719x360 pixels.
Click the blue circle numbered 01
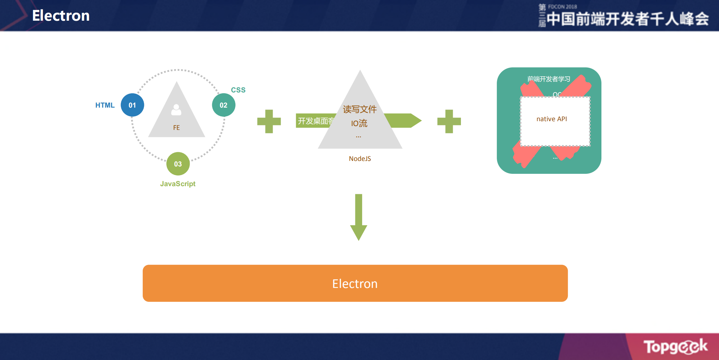(x=132, y=105)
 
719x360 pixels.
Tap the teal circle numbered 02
(x=224, y=105)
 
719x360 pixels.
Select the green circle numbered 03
(x=178, y=164)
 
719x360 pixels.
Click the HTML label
(x=105, y=105)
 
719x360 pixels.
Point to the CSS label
(x=238, y=90)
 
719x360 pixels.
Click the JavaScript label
(x=178, y=184)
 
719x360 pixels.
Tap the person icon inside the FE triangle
(x=176, y=110)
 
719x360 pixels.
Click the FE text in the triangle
(x=176, y=128)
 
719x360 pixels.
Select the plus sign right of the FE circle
(x=269, y=122)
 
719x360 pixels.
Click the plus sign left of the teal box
(x=449, y=122)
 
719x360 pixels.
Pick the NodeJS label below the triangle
(x=360, y=159)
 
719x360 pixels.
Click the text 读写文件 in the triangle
(x=360, y=110)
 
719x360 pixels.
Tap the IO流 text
(x=359, y=123)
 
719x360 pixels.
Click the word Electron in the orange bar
(x=355, y=284)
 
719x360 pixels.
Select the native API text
(x=552, y=119)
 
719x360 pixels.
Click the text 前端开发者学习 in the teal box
(x=549, y=79)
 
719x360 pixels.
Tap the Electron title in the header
(x=61, y=16)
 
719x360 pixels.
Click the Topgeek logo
(x=675, y=346)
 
